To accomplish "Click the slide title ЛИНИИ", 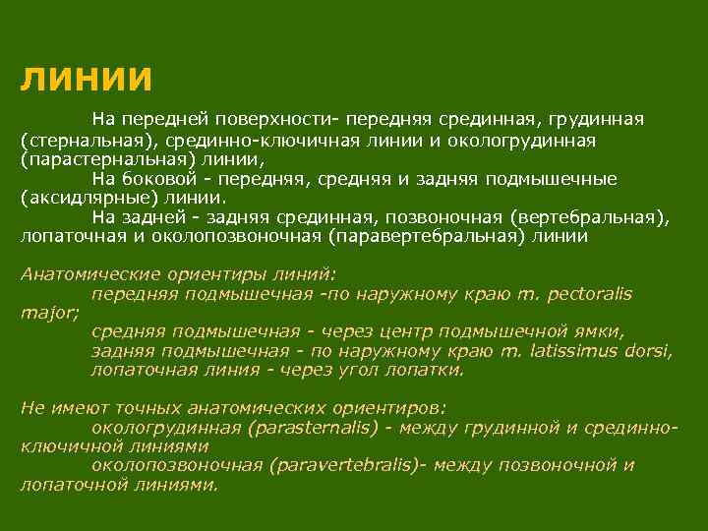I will click(87, 78).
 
